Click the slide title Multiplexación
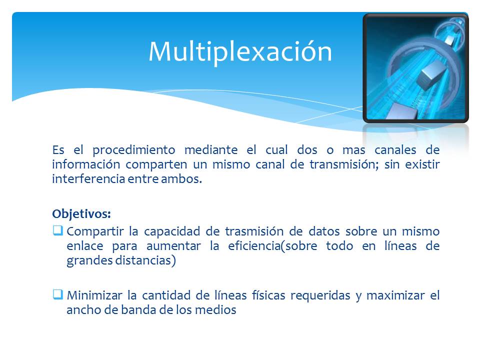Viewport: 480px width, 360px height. pos(240,51)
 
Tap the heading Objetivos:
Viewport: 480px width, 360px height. pos(81,213)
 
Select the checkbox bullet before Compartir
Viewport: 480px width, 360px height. pos(57,231)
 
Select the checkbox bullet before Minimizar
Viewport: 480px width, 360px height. pos(57,294)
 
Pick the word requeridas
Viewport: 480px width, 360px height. pos(319,295)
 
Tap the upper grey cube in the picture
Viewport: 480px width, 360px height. pos(429,75)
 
